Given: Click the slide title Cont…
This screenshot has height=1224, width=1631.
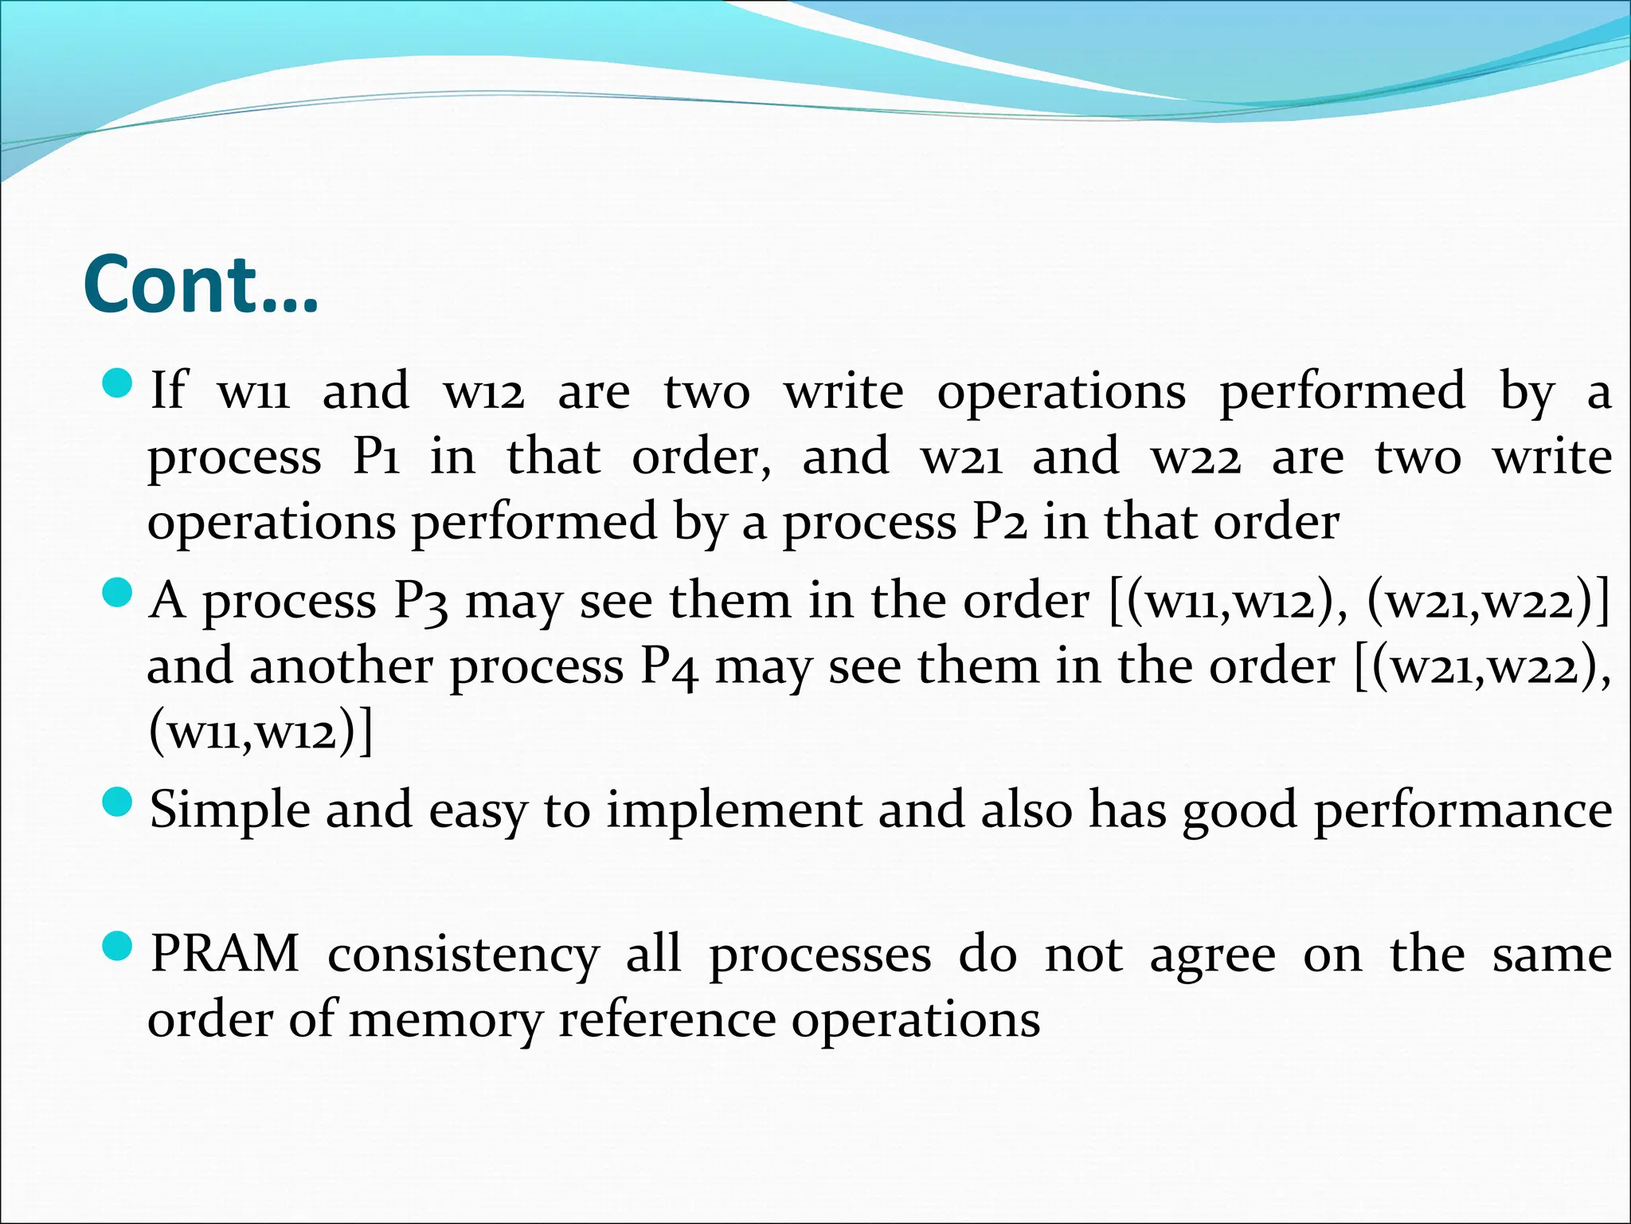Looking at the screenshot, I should pyautogui.click(x=201, y=285).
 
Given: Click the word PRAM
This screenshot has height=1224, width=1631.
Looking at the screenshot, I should pyautogui.click(x=225, y=953).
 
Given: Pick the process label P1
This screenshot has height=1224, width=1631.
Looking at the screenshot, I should pyautogui.click(x=377, y=457).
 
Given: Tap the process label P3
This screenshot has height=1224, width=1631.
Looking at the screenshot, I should pyautogui.click(x=421, y=602).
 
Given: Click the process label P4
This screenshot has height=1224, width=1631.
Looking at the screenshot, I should pyautogui.click(x=670, y=667).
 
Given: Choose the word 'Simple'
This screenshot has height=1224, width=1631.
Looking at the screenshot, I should pyautogui.click(x=229, y=811).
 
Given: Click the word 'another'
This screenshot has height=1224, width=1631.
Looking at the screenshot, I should pyautogui.click(x=342, y=666).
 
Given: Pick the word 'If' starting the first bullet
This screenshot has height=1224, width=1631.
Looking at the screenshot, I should pyautogui.click(x=168, y=390).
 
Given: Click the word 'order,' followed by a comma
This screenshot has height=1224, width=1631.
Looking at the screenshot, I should pyautogui.click(x=702, y=457).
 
